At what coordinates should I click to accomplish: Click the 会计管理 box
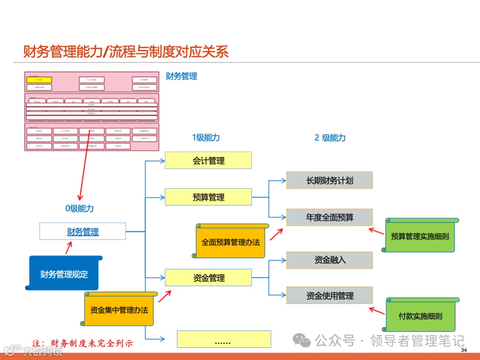[208, 160]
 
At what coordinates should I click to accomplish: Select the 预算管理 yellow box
[208, 197]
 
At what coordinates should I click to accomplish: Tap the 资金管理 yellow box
[208, 278]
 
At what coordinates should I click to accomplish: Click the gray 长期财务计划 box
[329, 180]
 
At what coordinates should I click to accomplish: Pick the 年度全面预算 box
[329, 217]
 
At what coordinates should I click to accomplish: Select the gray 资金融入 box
[329, 260]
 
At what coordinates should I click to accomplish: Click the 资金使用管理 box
[329, 296]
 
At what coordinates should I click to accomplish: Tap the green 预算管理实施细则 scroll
[420, 236]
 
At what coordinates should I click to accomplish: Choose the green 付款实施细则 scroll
[420, 316]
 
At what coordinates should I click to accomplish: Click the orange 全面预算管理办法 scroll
[231, 242]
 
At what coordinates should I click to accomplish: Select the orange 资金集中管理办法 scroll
[119, 310]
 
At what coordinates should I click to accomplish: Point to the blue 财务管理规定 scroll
[64, 274]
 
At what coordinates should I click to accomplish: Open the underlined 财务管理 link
[83, 232]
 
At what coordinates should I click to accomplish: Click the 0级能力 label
[80, 208]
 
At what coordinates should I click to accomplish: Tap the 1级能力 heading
[206, 138]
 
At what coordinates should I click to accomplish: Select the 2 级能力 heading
[330, 138]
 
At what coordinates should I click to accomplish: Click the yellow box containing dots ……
[224, 339]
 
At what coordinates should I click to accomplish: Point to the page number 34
[464, 351]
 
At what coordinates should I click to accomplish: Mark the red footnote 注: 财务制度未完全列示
[83, 344]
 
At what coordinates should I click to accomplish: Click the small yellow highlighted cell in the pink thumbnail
[39, 80]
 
